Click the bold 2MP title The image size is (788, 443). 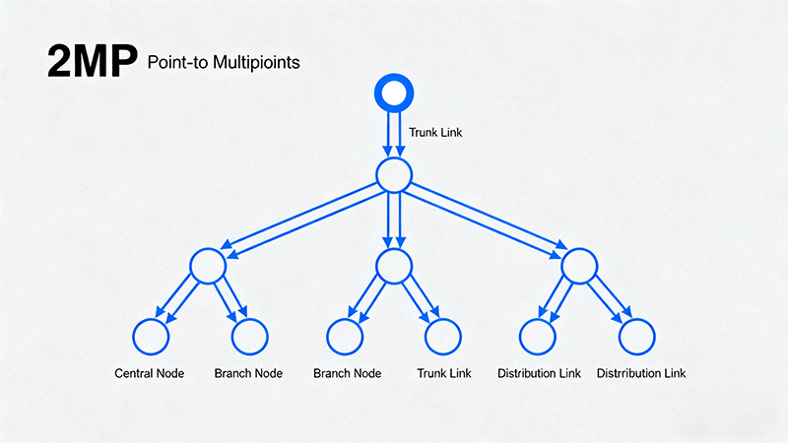point(90,61)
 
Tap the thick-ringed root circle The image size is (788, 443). point(393,94)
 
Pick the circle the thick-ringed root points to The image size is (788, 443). point(393,175)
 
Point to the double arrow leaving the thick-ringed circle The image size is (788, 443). point(393,134)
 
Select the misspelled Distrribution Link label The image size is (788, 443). point(641,374)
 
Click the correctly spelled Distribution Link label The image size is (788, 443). point(539,374)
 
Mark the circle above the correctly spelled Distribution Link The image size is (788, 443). point(539,336)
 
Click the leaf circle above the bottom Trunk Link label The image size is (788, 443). point(442,336)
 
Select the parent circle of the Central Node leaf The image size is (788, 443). point(208,266)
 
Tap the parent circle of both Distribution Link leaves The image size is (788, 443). point(579,266)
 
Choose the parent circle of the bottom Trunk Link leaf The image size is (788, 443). point(393,266)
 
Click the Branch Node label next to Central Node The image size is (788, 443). point(248,374)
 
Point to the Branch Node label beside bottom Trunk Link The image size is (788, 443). point(347,374)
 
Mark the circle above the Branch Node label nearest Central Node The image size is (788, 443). point(248,336)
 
